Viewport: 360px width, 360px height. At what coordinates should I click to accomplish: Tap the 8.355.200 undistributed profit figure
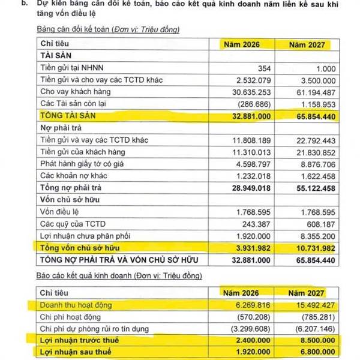pos(313,235)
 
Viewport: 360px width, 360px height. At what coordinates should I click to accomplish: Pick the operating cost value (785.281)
pos(312,317)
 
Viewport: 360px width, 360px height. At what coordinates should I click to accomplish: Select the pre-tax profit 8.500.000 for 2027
pos(312,340)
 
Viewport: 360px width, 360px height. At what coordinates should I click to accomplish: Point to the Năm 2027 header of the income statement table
pos(307,293)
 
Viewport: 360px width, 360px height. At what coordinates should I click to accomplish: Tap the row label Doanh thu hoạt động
pos(76,305)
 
